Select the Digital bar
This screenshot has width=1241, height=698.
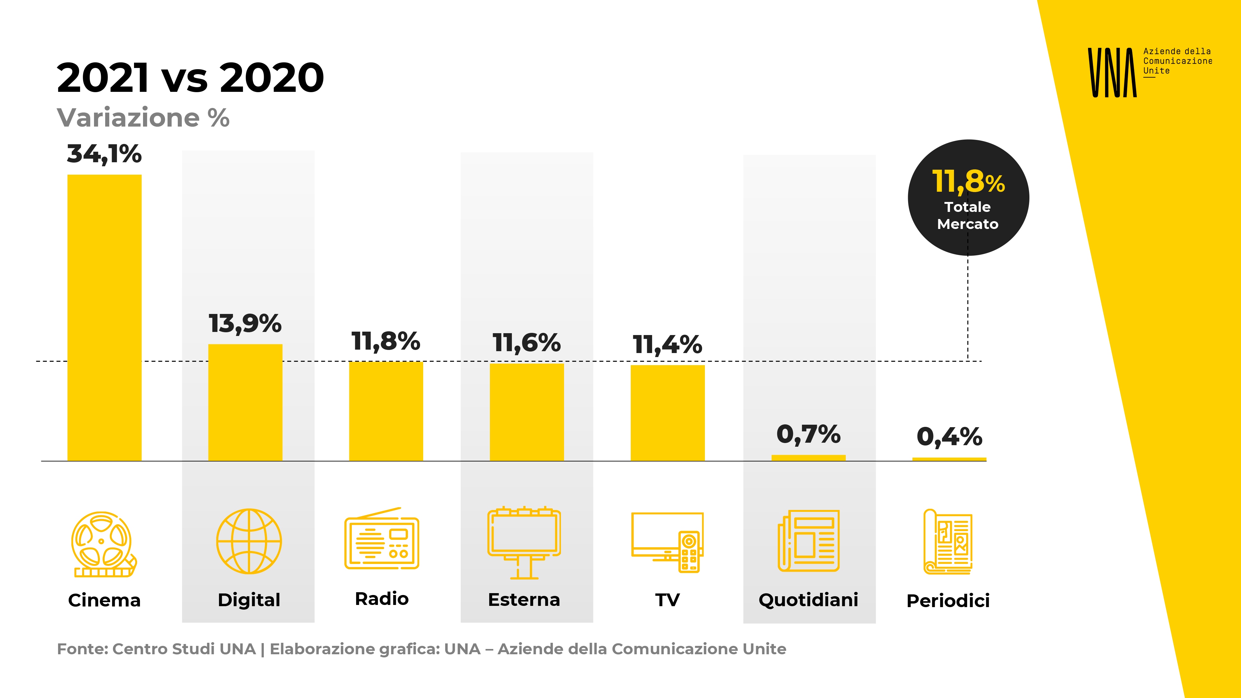pyautogui.click(x=245, y=402)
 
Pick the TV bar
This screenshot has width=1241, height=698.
pyautogui.click(x=667, y=413)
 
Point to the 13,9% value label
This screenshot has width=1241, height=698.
pyautogui.click(x=245, y=323)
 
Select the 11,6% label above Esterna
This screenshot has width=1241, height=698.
pyautogui.click(x=526, y=343)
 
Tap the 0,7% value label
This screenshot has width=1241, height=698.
pyautogui.click(x=809, y=435)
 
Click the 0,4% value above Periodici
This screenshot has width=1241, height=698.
pyautogui.click(x=949, y=437)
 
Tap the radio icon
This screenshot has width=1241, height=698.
pyautogui.click(x=382, y=539)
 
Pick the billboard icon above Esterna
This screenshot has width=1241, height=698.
pyautogui.click(x=524, y=542)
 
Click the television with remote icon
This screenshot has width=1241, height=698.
pyautogui.click(x=667, y=542)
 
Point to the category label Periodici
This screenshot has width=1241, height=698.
pyautogui.click(x=948, y=601)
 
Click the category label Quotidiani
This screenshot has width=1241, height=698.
pyautogui.click(x=809, y=600)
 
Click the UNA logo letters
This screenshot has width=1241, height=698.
pyautogui.click(x=1112, y=73)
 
